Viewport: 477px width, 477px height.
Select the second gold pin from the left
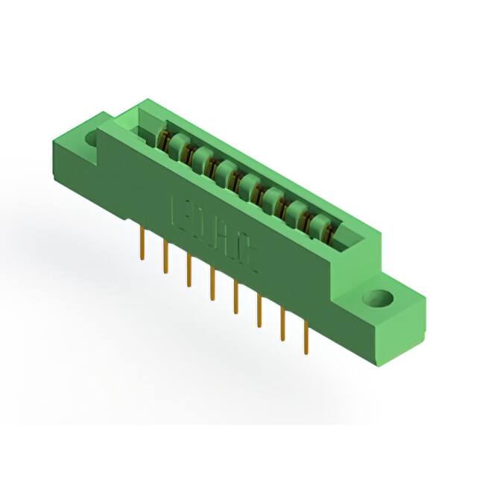pos(165,256)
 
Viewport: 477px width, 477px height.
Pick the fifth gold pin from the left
pos(236,294)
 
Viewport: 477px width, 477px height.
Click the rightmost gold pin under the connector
pos(306,335)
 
